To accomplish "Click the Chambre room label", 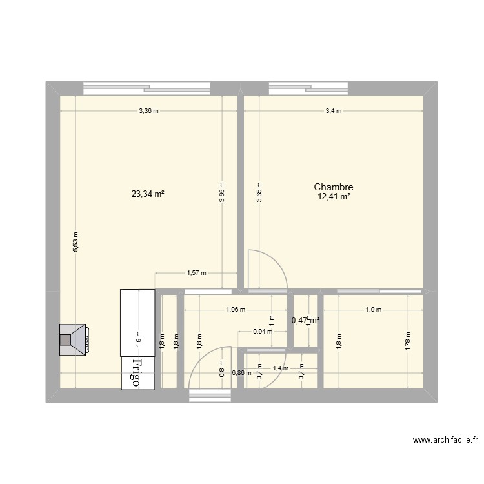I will [x=334, y=187].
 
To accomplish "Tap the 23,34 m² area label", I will [x=148, y=193].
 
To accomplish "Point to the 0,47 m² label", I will [x=306, y=319].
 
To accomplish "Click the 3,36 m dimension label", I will [x=148, y=111].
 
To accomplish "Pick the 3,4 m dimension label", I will [x=334, y=111].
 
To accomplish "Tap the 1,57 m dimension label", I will [x=196, y=273].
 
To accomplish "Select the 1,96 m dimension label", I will [x=236, y=310].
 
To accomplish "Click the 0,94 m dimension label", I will [x=262, y=332].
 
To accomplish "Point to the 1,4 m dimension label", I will [x=281, y=368].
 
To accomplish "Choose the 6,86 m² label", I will [x=241, y=373].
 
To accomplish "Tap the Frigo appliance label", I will [x=136, y=373].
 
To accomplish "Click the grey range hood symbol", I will [x=74, y=339].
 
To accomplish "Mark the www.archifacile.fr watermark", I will [x=445, y=440].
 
